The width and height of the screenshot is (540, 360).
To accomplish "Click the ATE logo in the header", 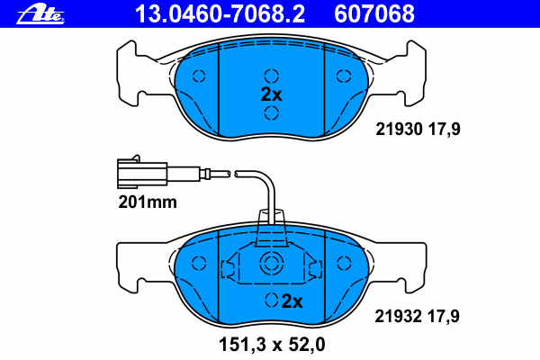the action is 40,14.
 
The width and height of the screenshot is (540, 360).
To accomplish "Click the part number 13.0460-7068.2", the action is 220,14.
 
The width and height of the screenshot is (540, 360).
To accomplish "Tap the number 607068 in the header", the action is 374,14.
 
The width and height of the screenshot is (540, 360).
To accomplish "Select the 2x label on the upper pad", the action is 272,94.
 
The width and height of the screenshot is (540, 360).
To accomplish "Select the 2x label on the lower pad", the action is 292,301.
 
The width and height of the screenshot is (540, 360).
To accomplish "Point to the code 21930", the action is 399,130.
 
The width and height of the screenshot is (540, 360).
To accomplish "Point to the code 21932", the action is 398,316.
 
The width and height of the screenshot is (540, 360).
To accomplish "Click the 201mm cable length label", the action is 148,202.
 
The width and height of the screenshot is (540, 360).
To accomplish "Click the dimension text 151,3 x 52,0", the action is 272,345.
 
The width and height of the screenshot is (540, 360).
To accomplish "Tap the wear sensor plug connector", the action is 142,172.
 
